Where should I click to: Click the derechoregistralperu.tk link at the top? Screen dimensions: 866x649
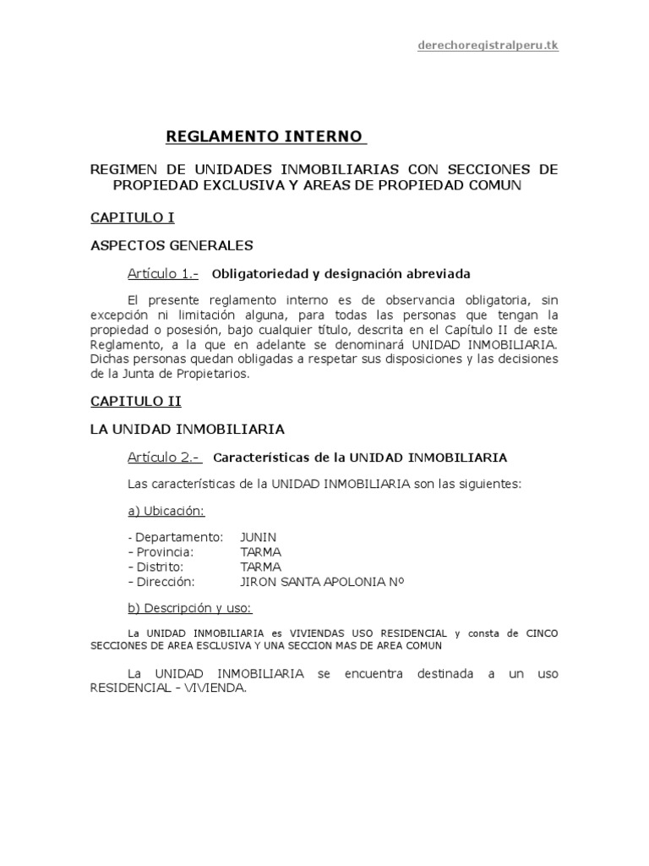[x=488, y=46]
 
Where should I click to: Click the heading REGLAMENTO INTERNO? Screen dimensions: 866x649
[x=265, y=135]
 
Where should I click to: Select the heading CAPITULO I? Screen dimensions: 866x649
[x=132, y=217]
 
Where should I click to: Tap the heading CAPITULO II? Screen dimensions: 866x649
[x=135, y=401]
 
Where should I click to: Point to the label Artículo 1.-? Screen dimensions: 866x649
[x=163, y=273]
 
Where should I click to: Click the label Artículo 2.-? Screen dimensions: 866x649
[x=163, y=457]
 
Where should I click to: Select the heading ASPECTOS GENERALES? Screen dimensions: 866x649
[x=172, y=245]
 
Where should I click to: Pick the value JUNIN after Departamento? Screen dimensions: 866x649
[x=259, y=536]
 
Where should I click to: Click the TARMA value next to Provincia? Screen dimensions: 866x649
[x=261, y=551]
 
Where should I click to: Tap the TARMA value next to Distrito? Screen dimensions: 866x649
[x=261, y=567]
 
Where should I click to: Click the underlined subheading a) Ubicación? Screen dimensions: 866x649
[x=166, y=511]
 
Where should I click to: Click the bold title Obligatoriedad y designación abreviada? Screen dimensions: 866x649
[x=341, y=274]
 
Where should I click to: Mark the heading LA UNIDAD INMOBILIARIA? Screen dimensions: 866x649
[x=187, y=429]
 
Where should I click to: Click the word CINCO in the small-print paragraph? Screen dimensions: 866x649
[x=542, y=633]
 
